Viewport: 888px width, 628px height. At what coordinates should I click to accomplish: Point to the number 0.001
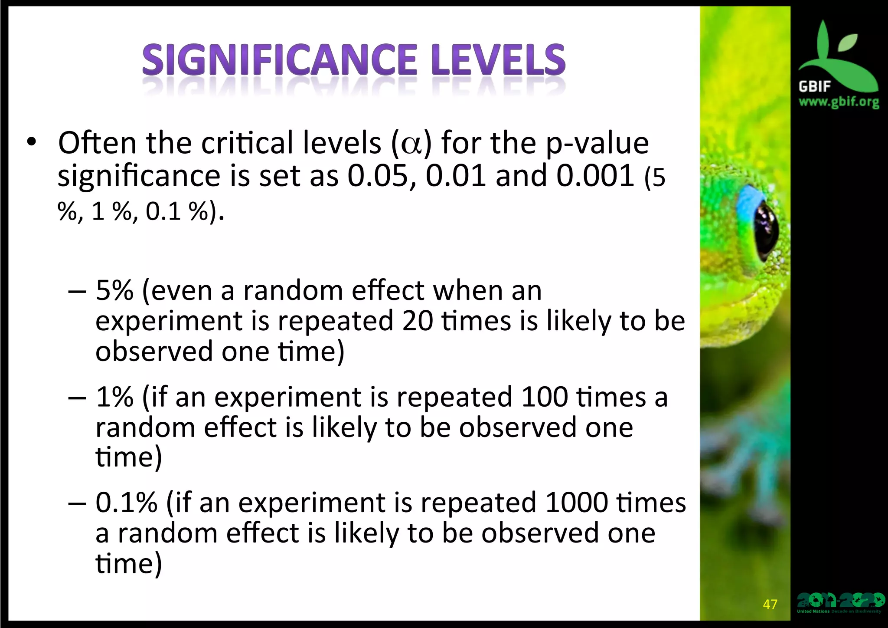[x=595, y=176]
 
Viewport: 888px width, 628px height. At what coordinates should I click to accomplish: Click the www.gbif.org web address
[x=839, y=103]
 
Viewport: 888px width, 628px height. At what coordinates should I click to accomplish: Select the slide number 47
[x=770, y=604]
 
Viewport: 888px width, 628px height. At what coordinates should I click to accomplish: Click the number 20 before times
[x=417, y=321]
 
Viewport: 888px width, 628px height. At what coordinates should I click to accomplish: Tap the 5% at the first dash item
[x=114, y=291]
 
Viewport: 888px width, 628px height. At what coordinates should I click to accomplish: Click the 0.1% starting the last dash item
[x=126, y=503]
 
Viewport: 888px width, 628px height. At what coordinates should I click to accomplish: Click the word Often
[x=97, y=143]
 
